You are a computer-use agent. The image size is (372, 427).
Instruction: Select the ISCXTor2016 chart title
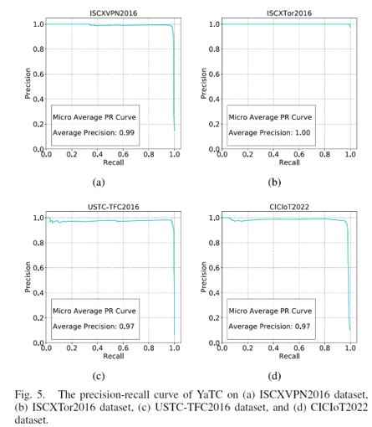pyautogui.click(x=289, y=13)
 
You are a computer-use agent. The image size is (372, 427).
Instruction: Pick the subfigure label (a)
pyautogui.click(x=98, y=181)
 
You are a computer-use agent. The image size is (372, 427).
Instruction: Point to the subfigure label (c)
pyautogui.click(x=98, y=374)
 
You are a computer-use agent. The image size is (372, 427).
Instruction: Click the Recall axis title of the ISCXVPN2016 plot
pyautogui.click(x=110, y=162)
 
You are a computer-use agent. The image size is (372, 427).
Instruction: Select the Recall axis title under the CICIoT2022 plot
pyautogui.click(x=289, y=356)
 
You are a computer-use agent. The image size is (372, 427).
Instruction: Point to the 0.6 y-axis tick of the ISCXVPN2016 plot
pyautogui.click(x=36, y=75)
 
